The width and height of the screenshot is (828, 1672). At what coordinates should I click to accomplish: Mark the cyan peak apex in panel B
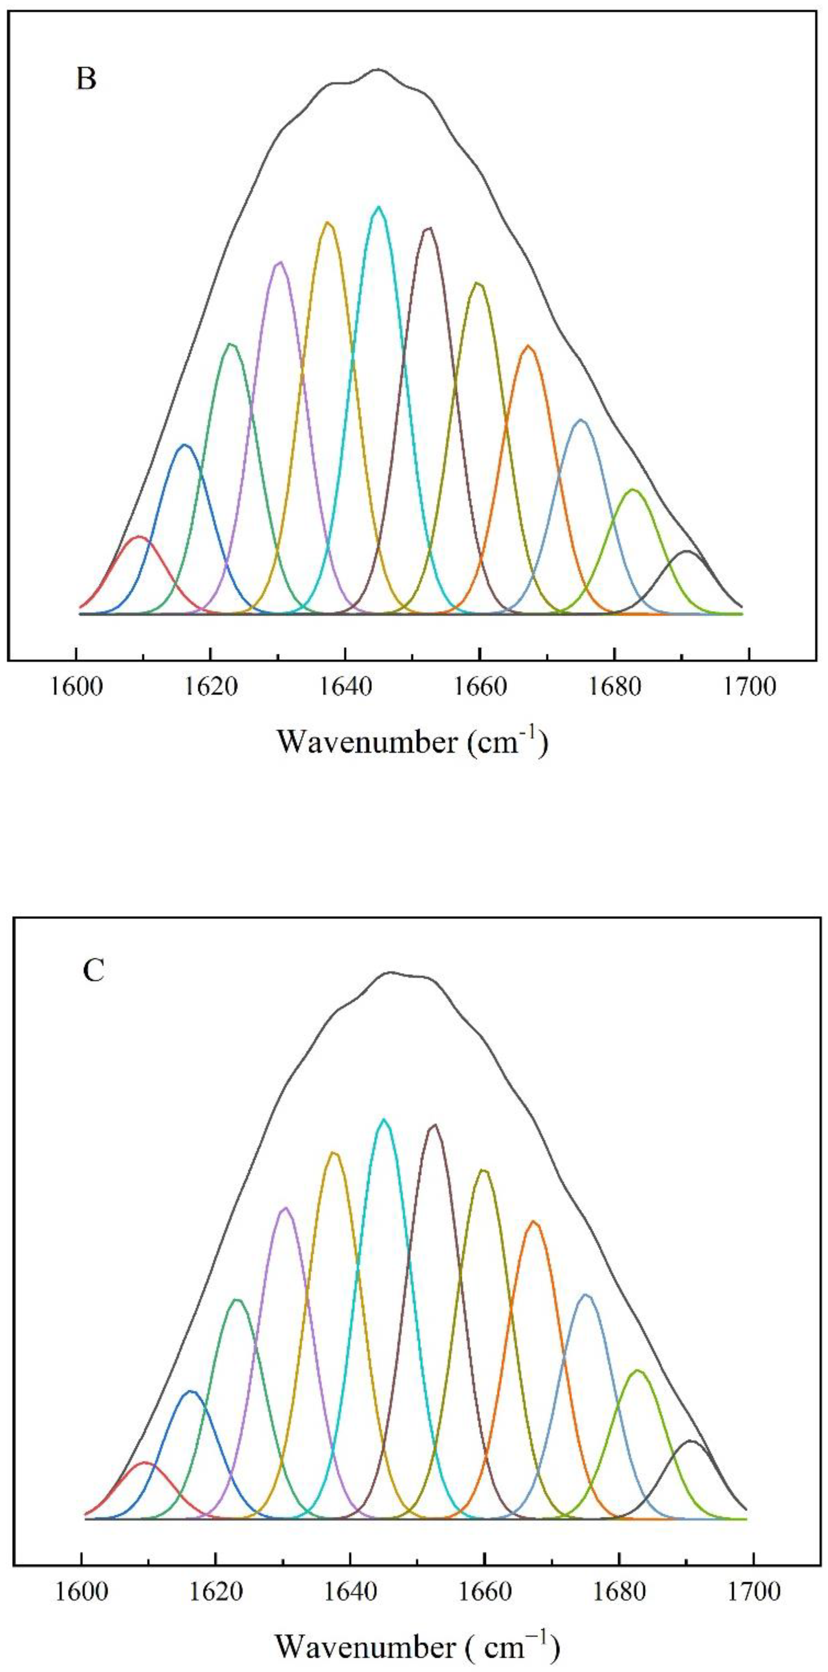click(x=378, y=207)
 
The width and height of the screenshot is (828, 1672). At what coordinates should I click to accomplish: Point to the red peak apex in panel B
click(x=137, y=537)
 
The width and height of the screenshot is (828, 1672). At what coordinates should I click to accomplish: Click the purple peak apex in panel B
click(x=280, y=262)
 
